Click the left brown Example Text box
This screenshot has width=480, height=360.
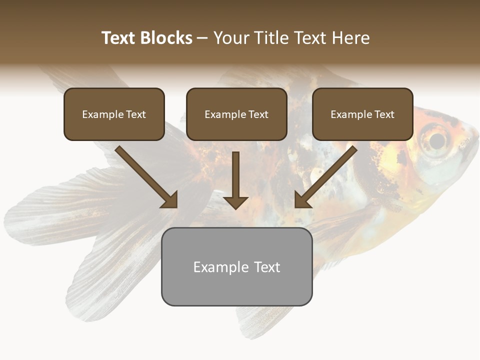pyautogui.click(x=114, y=114)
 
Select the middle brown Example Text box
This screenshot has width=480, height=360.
pyautogui.click(x=236, y=114)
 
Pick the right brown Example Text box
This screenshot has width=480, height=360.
pyautogui.click(x=362, y=114)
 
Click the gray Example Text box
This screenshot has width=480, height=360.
pyautogui.click(x=236, y=266)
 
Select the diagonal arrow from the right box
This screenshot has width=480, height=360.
pyautogui.click(x=327, y=175)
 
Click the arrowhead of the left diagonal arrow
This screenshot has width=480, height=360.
pyautogui.click(x=170, y=200)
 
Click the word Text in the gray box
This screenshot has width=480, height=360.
pyautogui.click(x=266, y=267)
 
